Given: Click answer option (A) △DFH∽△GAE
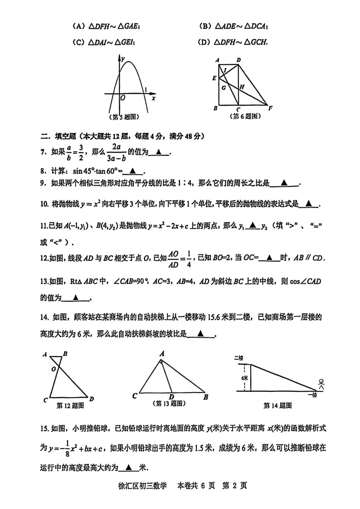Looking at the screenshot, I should tap(106, 26).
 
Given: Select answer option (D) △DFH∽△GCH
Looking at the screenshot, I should tap(233, 42).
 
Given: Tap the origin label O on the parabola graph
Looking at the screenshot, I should tap(123, 98).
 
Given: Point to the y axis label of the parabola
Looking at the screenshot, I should tap(123, 59).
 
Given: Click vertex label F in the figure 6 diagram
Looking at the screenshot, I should tap(270, 108).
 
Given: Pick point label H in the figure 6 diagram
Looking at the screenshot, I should tap(242, 87).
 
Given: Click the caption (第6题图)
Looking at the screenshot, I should tap(246, 116).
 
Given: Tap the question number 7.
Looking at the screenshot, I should tap(43, 152).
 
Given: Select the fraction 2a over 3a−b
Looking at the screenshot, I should tap(116, 153).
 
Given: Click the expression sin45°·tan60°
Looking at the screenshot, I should tap(96, 171).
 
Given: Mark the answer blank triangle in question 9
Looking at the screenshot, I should tap(284, 183).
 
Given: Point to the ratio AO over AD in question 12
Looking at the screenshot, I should tap(173, 259).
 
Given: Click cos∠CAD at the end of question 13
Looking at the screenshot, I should tap(305, 281).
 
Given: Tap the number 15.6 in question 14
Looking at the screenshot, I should tap(213, 317).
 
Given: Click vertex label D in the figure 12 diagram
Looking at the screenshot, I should tap(91, 399).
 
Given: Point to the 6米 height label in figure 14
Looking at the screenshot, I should tap(245, 378).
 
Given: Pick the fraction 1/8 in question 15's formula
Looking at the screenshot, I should tap(67, 448).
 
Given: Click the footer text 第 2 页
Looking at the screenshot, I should tap(235, 486).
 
